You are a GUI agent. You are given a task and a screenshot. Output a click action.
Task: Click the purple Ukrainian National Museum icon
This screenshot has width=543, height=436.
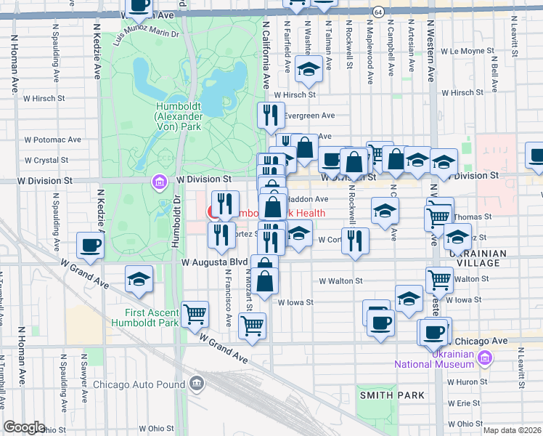coord(486,357)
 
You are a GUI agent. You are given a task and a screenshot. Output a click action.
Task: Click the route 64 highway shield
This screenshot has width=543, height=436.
coord(378,12)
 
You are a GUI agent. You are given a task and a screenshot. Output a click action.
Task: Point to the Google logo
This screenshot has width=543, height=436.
coord(24,427)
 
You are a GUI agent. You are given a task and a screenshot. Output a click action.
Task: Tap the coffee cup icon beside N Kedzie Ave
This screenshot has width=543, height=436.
coord(90,246)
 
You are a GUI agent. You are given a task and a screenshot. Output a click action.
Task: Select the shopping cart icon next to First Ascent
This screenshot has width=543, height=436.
coord(195,315)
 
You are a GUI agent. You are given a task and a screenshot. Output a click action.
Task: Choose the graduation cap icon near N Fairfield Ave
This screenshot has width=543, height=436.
coord(309,68)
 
